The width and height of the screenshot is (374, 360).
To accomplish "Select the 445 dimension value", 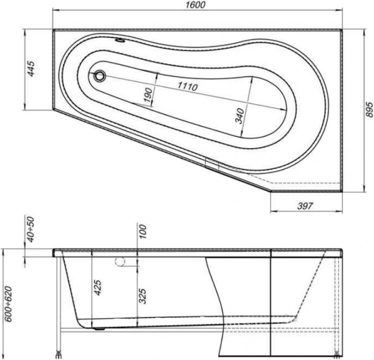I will (30, 68).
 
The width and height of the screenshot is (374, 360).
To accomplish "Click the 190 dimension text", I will (148, 95).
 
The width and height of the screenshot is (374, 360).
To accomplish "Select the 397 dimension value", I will (303, 205).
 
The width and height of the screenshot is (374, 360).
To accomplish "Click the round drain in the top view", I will (100, 76).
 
